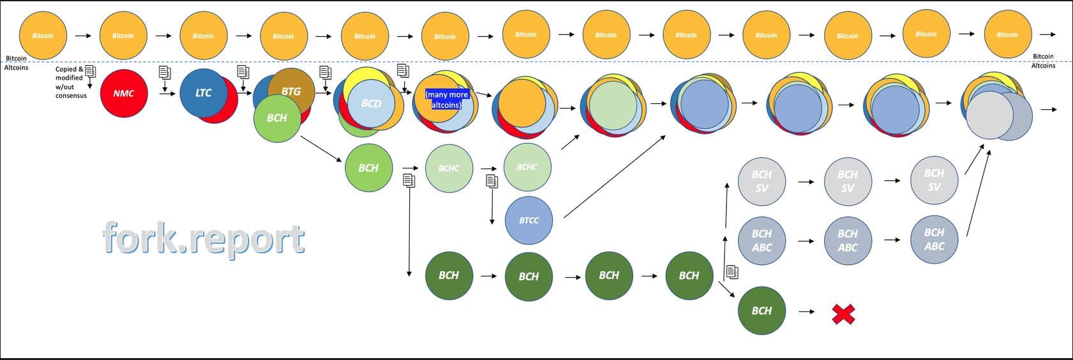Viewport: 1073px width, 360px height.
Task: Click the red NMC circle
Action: (124, 93)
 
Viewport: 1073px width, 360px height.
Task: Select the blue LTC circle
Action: (203, 93)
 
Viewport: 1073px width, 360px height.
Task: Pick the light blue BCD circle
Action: (371, 103)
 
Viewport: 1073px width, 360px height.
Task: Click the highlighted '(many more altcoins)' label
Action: (447, 100)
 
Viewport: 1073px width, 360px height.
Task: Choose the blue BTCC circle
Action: (529, 220)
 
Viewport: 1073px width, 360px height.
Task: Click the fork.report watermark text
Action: (203, 239)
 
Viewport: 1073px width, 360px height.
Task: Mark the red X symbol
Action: (843, 313)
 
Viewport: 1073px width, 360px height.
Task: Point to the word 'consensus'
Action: (71, 96)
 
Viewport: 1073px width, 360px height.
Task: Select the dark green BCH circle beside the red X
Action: (762, 311)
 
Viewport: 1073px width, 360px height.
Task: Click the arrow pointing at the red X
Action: (807, 311)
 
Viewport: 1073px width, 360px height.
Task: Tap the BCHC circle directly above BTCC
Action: (527, 167)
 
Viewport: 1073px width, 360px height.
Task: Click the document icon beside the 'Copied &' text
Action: (90, 71)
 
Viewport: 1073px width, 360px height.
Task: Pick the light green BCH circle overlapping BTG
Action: (277, 119)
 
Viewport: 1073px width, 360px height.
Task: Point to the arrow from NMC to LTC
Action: (168, 93)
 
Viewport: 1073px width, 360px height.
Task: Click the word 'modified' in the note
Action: (69, 78)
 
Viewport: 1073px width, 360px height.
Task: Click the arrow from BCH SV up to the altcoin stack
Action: (973, 160)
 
